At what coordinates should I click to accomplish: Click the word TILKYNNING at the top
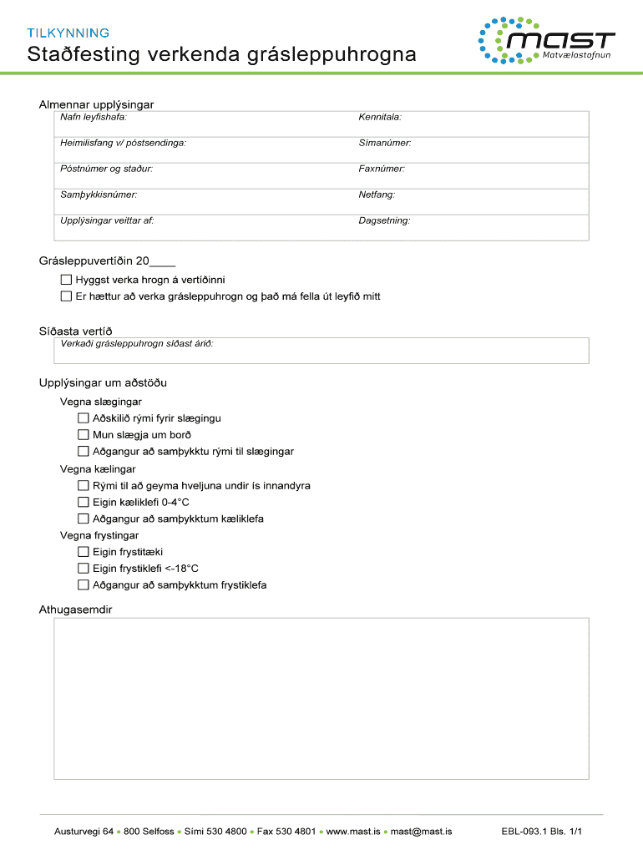click(68, 33)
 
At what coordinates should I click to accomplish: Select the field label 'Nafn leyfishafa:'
click(94, 118)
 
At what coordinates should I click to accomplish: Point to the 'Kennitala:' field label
click(380, 118)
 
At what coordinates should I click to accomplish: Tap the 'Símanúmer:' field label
click(385, 143)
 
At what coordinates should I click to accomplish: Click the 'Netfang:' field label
click(377, 195)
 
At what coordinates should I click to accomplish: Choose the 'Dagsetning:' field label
click(384, 220)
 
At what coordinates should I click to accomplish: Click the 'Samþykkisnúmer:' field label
click(99, 195)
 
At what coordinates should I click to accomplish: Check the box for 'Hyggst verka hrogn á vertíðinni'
click(66, 280)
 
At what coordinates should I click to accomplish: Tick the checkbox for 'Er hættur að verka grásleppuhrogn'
click(66, 296)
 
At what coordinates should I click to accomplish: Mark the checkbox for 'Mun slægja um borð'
click(83, 435)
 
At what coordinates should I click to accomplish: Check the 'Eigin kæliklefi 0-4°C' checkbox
click(83, 502)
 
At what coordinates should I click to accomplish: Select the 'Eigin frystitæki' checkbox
click(83, 552)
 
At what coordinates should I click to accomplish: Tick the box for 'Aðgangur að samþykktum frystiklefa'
click(83, 585)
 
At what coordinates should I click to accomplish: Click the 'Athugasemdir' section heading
click(75, 610)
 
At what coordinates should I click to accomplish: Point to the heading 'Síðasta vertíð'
click(75, 331)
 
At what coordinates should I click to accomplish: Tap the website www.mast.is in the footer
click(353, 832)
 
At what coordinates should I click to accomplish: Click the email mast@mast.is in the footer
click(421, 832)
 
